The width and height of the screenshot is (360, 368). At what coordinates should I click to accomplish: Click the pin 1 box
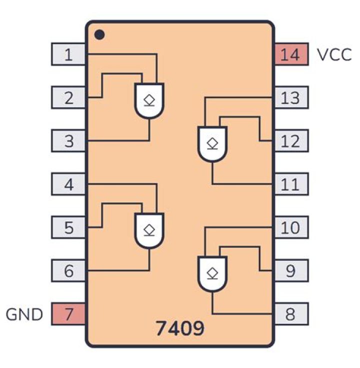click(x=69, y=54)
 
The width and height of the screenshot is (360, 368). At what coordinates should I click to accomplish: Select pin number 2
click(x=69, y=98)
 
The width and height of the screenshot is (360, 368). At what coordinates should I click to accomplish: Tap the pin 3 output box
click(x=69, y=141)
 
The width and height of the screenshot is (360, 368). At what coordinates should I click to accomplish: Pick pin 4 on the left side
click(x=69, y=184)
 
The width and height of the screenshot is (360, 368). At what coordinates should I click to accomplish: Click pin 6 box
click(x=69, y=271)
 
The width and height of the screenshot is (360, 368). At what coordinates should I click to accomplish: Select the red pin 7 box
click(x=69, y=314)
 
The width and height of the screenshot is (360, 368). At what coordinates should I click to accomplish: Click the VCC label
click(x=334, y=54)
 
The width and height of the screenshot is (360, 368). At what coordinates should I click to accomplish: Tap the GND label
click(x=24, y=314)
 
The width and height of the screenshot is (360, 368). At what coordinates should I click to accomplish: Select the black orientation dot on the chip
click(x=99, y=35)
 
